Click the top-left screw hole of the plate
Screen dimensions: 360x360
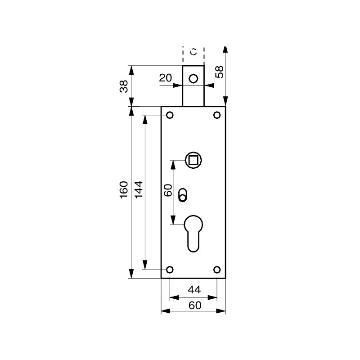tap(170, 115)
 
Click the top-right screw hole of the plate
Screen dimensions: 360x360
tap(217, 115)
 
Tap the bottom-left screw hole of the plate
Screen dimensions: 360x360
tap(170, 270)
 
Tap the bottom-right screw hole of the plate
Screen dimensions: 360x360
tap(217, 270)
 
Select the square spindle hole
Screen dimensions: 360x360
tap(194, 159)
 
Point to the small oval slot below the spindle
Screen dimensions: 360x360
tap(182, 194)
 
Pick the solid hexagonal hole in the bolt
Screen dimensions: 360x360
tap(193, 78)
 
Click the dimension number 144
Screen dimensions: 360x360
tap(139, 190)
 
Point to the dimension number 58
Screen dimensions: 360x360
tap(219, 72)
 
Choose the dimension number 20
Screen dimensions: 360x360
tap(166, 78)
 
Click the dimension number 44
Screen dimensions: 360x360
tap(193, 289)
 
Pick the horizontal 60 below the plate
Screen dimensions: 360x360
tap(194, 305)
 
